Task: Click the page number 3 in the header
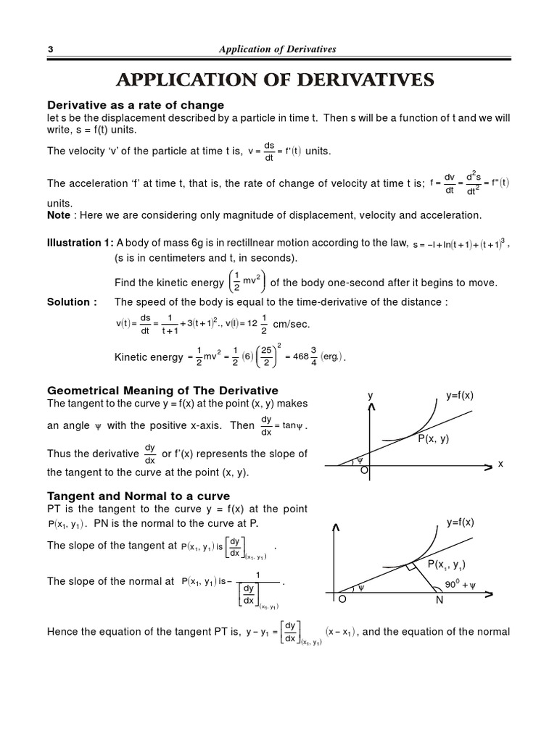pyautogui.click(x=51, y=49)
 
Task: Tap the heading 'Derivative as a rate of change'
pyautogui.click(x=136, y=105)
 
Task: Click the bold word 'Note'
pyautogui.click(x=59, y=215)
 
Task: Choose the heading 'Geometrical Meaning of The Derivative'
pyautogui.click(x=162, y=391)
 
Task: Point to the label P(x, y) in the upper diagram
pyautogui.click(x=434, y=438)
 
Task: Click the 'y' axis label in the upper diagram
pyautogui.click(x=370, y=396)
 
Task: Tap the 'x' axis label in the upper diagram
pyautogui.click(x=500, y=463)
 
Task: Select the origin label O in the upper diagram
pyautogui.click(x=364, y=471)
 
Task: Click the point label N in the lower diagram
pyautogui.click(x=440, y=600)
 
